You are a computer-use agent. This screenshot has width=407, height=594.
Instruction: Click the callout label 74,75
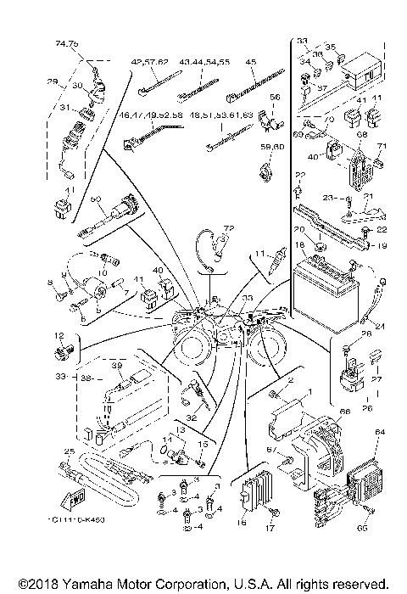pos(67,42)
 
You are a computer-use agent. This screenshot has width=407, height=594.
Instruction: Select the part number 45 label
pos(251,62)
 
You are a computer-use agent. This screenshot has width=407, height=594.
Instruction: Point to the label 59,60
pos(271,148)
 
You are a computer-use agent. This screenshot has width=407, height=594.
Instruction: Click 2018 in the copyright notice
pos(36,584)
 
